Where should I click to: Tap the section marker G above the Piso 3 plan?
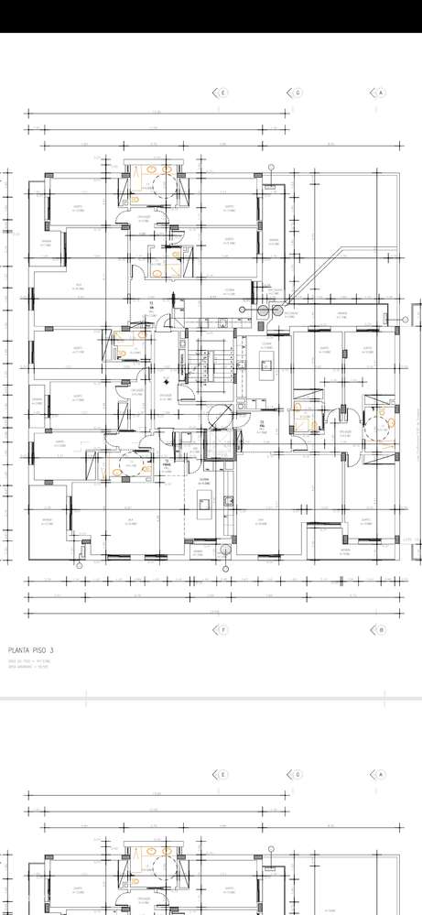(298, 93)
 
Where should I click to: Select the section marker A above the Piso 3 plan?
(381, 93)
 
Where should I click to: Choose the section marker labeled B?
(381, 630)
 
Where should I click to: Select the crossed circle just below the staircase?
(221, 416)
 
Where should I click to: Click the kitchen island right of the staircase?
(265, 369)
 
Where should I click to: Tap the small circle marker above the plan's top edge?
(271, 168)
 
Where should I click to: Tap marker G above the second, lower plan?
(298, 775)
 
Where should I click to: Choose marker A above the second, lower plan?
(381, 775)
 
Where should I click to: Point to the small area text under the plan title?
(27, 664)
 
